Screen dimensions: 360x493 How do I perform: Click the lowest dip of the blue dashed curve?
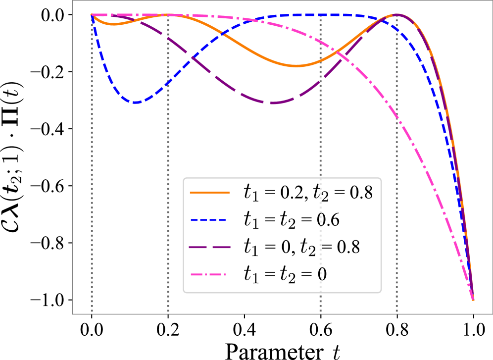(x=135, y=103)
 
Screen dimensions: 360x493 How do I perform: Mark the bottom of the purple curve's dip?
(x=273, y=103)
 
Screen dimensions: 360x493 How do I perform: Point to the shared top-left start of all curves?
(x=92, y=15)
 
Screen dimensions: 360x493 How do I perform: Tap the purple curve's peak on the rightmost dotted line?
(x=397, y=15)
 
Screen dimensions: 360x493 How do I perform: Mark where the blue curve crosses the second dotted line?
(x=168, y=82)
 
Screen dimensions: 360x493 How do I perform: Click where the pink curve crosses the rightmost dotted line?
(x=397, y=117)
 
